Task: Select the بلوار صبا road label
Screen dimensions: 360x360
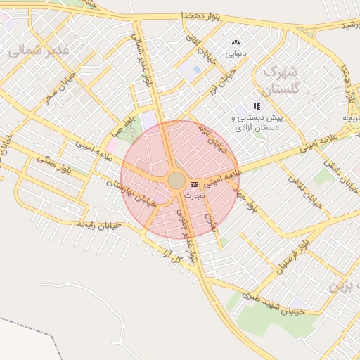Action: coord(120,129)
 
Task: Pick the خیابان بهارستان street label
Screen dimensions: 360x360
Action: coord(131,192)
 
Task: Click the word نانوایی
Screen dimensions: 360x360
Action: coord(236,53)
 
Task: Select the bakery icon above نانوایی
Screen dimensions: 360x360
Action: coord(236,42)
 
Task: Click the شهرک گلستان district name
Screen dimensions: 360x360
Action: coord(281,81)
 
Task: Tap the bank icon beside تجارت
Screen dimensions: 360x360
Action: coord(194,184)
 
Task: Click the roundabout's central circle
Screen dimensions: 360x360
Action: coord(176,181)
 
